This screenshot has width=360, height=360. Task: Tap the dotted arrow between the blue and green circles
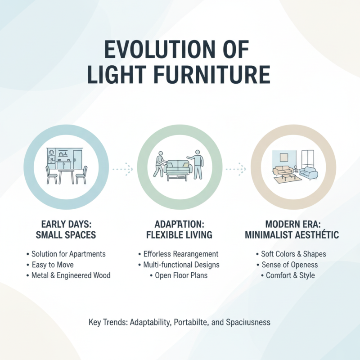[x=122, y=169]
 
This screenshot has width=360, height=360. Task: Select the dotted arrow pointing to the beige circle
[x=236, y=169]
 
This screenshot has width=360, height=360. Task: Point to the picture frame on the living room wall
[x=284, y=157]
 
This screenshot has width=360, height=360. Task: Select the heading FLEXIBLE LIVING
[x=180, y=235]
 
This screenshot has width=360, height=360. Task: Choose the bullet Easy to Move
[x=53, y=265]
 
